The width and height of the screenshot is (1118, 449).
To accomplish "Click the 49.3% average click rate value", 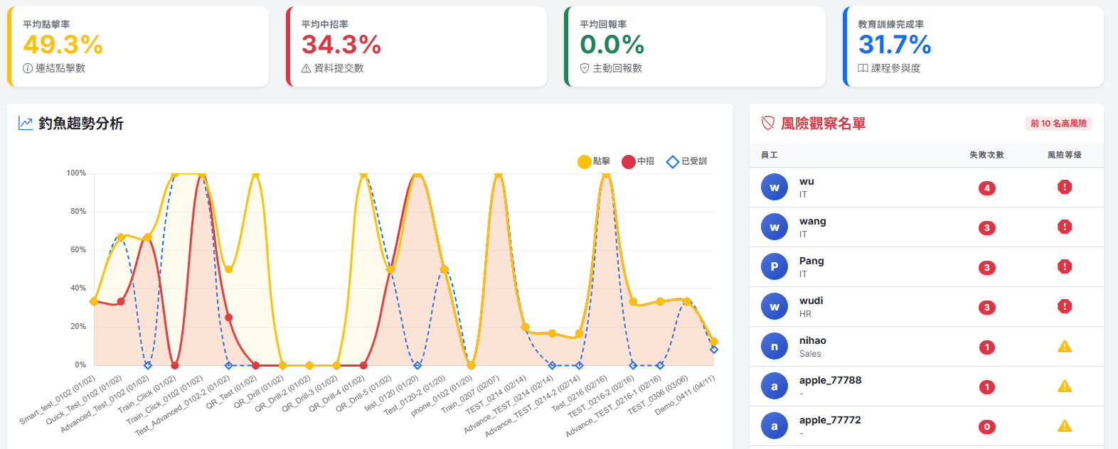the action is coord(63,44).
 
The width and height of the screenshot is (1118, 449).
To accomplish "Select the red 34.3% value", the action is coord(341,44).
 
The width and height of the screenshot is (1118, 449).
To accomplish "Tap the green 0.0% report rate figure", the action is coord(612,44).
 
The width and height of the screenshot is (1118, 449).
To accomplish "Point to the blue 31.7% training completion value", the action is coord(895,44).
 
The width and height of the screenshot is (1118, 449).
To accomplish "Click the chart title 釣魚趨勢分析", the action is coord(81,123).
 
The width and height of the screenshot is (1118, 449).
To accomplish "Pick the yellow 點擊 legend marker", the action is coord(584,161).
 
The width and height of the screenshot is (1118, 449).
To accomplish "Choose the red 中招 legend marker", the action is coord(629,161).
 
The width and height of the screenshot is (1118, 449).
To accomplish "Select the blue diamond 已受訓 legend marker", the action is coord(673,161).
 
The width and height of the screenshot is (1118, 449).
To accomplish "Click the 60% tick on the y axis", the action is coord(78,249).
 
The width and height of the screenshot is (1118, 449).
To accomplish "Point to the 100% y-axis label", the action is coord(76,173).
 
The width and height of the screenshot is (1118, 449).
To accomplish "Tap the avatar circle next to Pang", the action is coord(774,266).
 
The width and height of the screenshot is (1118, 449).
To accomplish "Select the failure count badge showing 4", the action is coord(986,188).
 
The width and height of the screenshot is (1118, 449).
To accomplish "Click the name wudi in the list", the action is coord(811,301).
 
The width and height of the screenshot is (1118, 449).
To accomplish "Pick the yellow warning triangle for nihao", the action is coord(1065,347).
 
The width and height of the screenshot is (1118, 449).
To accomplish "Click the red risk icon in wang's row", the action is coord(1065,227).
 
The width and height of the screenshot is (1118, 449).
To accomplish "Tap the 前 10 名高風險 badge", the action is coord(1058,123).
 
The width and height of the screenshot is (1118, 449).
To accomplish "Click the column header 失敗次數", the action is coord(986,155).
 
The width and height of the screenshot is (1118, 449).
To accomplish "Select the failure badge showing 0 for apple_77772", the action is coord(986,426).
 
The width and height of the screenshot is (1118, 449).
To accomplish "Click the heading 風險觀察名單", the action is coord(823,123).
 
